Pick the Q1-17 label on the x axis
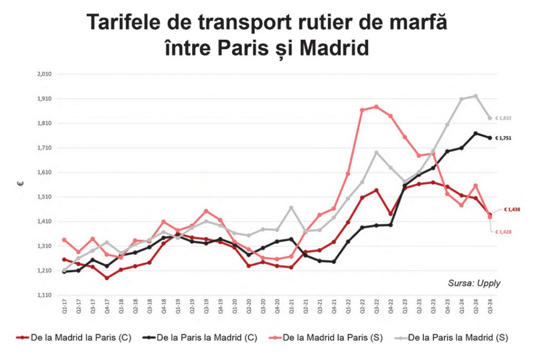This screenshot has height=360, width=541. point(64,308)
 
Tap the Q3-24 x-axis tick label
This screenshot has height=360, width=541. point(490,308)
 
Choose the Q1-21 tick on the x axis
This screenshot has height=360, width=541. point(291,308)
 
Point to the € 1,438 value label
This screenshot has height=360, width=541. point(511,209)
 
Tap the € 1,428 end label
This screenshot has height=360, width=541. point(504,232)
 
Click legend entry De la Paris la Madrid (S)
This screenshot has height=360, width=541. point(458,337)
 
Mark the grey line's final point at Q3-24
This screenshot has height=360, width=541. point(490,118)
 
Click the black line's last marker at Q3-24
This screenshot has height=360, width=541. point(490,138)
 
